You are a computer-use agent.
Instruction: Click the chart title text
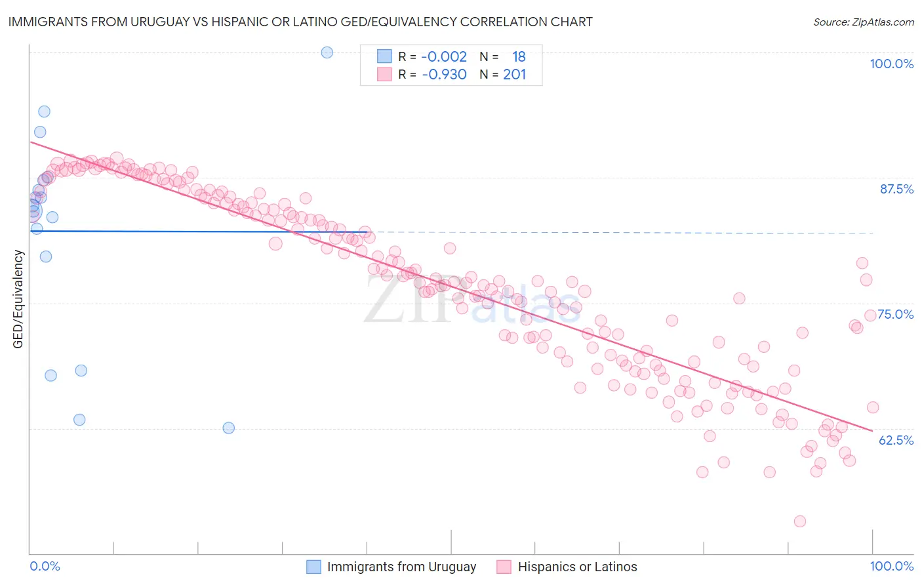(300, 22)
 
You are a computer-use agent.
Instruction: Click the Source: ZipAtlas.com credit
(863, 22)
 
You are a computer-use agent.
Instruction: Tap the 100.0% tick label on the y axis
(891, 64)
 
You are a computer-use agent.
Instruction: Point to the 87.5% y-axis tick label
(896, 189)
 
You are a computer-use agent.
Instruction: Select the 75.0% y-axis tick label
(896, 314)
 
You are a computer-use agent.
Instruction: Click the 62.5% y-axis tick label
(896, 440)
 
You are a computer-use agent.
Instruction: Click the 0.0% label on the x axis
(45, 566)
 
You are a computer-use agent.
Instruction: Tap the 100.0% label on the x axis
(891, 566)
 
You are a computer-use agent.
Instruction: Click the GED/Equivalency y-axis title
(18, 300)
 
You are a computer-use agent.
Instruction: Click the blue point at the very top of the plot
(327, 52)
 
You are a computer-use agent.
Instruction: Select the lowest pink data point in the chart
(799, 521)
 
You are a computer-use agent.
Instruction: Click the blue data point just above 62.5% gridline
(229, 428)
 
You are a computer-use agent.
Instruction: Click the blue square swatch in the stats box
(384, 56)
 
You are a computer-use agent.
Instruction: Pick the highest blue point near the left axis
(44, 111)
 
